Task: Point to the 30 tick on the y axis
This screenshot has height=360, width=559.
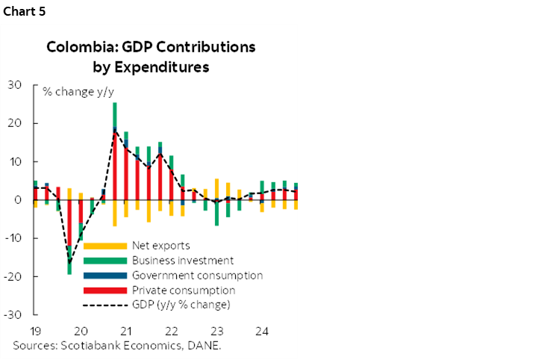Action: (x=16, y=84)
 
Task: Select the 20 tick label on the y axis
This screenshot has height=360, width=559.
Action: (x=16, y=123)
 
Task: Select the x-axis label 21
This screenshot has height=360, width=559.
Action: (x=126, y=330)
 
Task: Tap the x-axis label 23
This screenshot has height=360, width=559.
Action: (x=217, y=330)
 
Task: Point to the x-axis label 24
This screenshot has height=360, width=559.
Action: (x=262, y=330)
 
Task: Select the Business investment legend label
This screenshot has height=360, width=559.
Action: (x=183, y=261)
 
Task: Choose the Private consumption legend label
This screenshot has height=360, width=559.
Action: (x=183, y=291)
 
